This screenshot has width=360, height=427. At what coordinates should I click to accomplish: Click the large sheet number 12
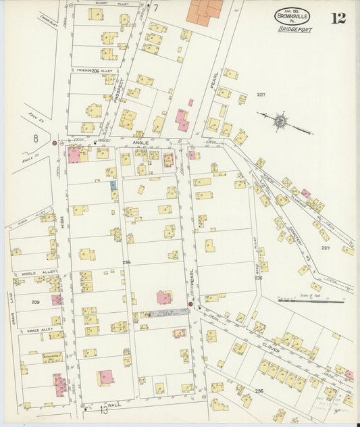click(338, 18)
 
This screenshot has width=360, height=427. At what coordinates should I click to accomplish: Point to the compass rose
click(279, 122)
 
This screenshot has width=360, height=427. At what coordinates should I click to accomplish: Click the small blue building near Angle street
click(113, 184)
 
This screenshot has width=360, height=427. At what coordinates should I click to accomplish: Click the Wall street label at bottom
click(113, 404)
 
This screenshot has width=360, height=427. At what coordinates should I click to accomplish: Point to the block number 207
click(261, 95)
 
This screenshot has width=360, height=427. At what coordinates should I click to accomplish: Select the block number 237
click(326, 248)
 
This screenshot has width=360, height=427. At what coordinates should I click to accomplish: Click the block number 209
click(36, 302)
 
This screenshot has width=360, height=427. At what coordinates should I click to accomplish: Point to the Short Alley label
click(110, 3)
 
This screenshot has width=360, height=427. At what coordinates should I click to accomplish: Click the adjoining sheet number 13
click(103, 410)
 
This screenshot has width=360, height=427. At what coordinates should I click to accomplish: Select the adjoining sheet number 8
click(35, 138)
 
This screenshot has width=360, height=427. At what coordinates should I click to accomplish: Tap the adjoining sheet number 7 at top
click(155, 8)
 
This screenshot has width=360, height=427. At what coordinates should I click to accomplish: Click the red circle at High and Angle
click(54, 143)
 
